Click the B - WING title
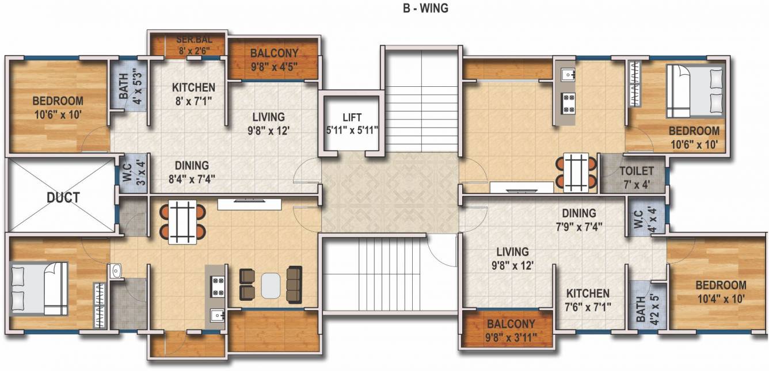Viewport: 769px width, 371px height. [x=425, y=9]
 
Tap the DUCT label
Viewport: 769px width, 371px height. [x=63, y=197]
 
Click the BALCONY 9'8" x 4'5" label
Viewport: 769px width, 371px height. [x=274, y=59]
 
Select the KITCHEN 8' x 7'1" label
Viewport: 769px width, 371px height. [x=193, y=94]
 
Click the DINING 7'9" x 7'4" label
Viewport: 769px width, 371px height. [x=579, y=219]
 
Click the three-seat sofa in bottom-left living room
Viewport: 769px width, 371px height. [x=294, y=284]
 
